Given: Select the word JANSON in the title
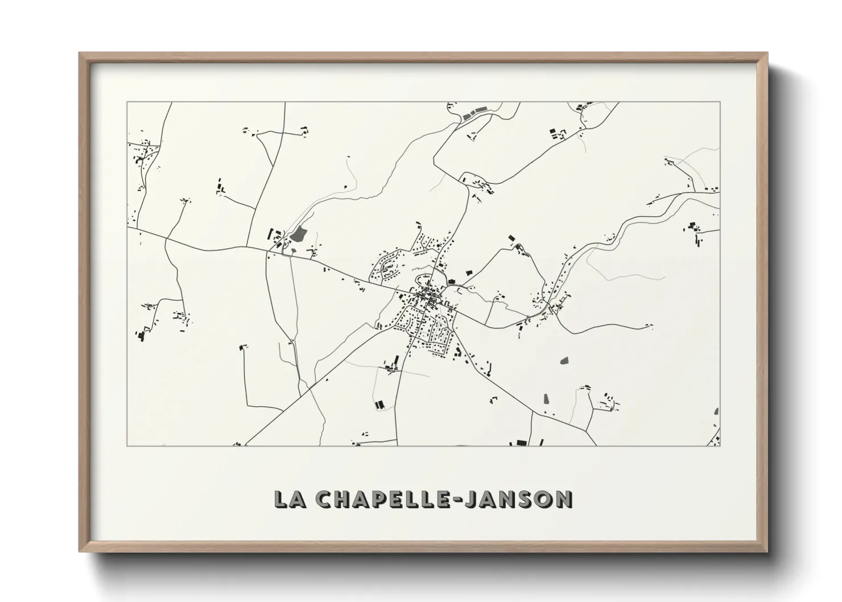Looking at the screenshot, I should (x=518, y=499).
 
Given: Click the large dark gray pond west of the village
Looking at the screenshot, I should (x=298, y=233).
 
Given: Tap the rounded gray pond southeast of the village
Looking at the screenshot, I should (x=564, y=360).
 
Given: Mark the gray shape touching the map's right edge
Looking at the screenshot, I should (x=717, y=412).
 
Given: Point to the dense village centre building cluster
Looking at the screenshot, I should (x=428, y=298).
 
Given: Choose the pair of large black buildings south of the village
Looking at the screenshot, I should (x=379, y=405).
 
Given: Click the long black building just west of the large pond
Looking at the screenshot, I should (x=271, y=234).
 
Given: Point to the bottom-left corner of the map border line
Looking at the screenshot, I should (x=127, y=446).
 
